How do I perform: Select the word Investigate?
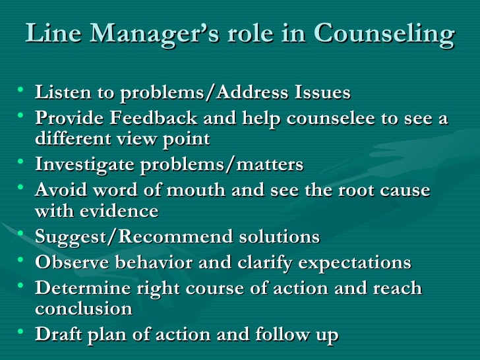coord(87,165)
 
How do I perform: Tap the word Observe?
coord(73,262)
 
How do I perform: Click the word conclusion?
coord(84,309)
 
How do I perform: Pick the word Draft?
coord(59,334)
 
